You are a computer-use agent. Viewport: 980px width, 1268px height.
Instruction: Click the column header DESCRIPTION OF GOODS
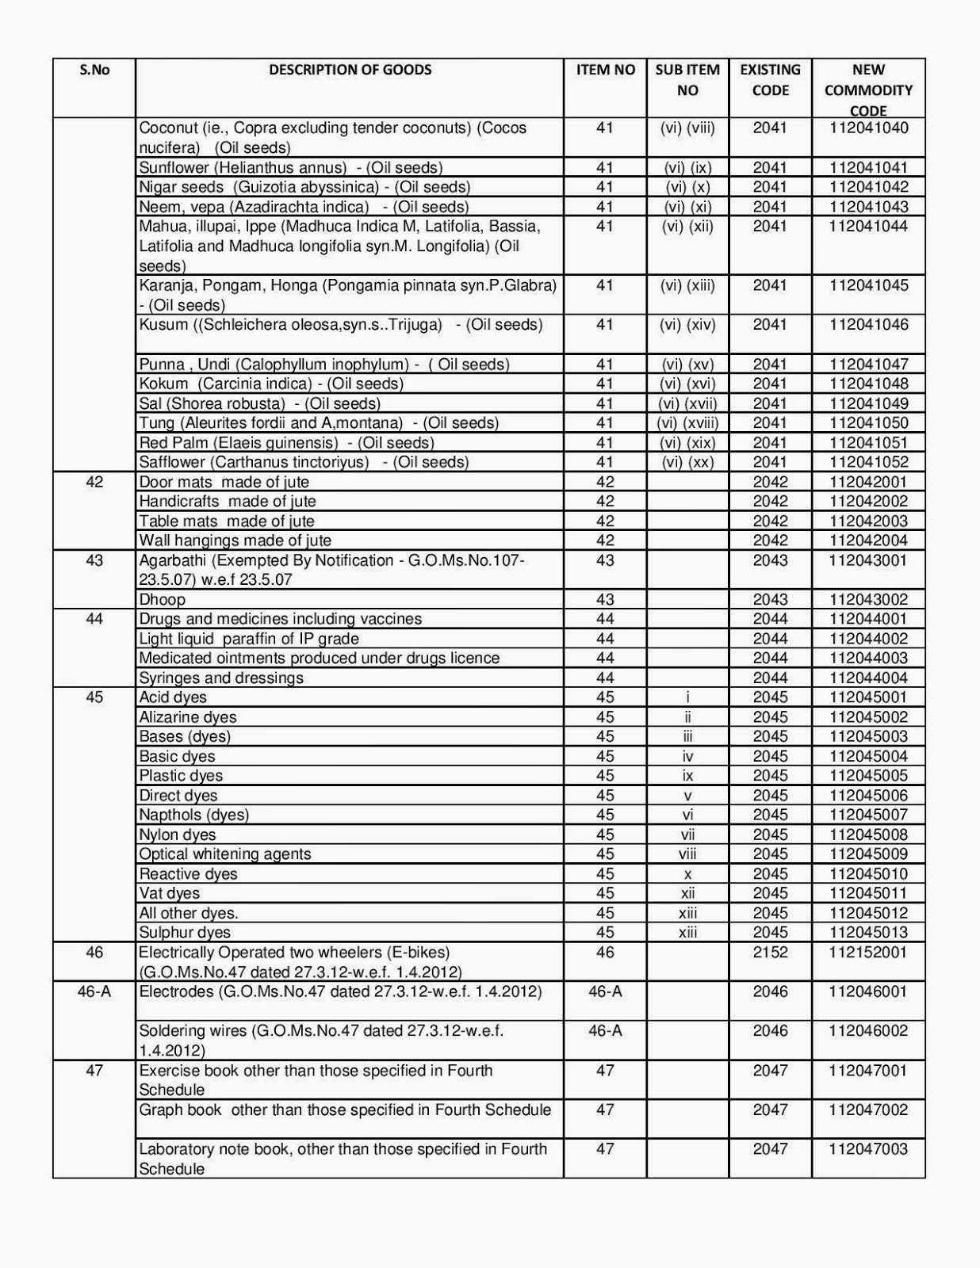[x=350, y=70]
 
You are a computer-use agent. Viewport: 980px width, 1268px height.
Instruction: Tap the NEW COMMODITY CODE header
[x=868, y=90]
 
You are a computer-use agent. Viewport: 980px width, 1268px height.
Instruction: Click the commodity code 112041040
[x=868, y=128]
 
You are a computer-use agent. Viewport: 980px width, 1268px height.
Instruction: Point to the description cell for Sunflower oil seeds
[x=290, y=167]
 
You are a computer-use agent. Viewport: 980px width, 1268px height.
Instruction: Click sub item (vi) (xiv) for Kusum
[x=687, y=325]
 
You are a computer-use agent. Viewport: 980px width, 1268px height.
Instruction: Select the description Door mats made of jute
[x=224, y=482]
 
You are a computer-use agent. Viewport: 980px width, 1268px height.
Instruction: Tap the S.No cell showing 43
[x=94, y=560]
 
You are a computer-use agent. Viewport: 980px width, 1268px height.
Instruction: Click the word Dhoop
[x=162, y=600]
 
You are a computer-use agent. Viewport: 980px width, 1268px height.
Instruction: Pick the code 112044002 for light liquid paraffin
[x=868, y=639]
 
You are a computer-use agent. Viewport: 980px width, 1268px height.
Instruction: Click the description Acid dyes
[x=173, y=697]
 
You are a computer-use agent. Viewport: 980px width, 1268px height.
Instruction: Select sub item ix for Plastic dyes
[x=687, y=776]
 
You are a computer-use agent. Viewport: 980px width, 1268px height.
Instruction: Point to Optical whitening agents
[x=225, y=854]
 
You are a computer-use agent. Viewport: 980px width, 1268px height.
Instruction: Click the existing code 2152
[x=770, y=953]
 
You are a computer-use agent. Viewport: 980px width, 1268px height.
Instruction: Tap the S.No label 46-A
[x=94, y=992]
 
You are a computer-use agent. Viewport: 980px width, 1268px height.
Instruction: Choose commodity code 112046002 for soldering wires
[x=868, y=1031]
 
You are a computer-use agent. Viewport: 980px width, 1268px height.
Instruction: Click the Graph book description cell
[x=345, y=1110]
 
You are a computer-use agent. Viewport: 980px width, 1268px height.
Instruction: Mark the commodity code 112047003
[x=868, y=1149]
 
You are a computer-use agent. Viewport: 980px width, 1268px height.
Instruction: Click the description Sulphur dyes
[x=185, y=933]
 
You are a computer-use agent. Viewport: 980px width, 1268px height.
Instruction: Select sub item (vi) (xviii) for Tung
[x=687, y=423]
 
